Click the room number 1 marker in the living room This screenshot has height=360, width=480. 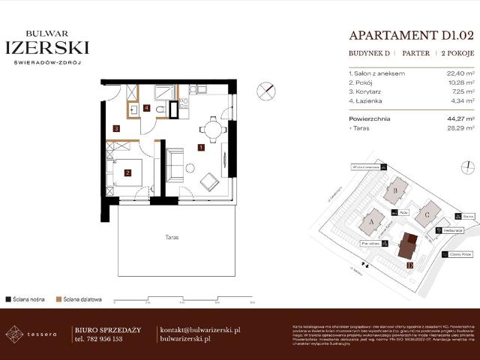pos(201,148)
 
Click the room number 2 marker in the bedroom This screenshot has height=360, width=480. pos(128,173)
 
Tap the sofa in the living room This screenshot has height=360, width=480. pos(174,164)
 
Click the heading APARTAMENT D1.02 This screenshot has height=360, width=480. pos(411,34)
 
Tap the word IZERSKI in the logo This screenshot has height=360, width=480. pos(47,48)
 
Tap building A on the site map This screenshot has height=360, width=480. pos(372,223)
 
